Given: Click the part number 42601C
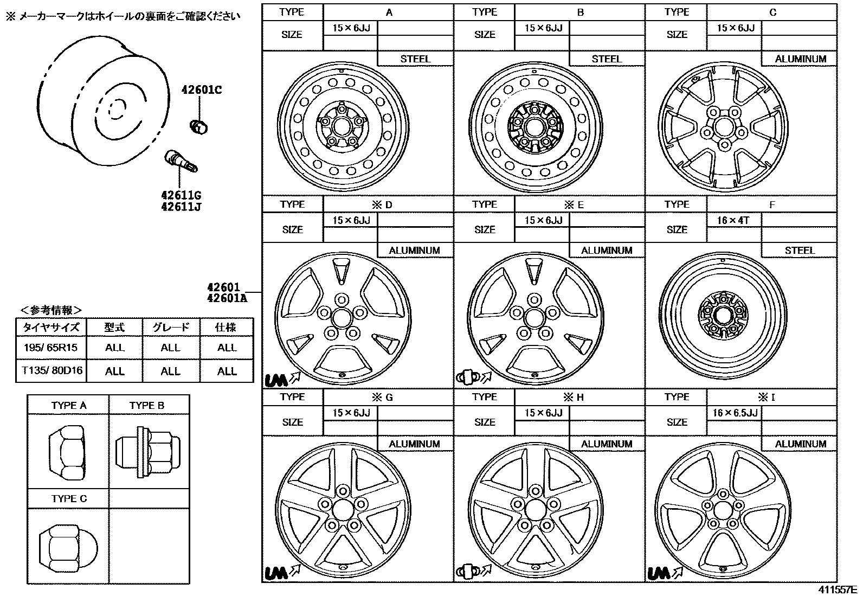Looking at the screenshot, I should [x=201, y=90].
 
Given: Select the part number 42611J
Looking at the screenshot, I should [x=181, y=207].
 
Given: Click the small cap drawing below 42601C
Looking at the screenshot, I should [x=198, y=126].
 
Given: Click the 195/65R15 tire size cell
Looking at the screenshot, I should [x=51, y=348].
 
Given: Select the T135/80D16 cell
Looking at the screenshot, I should [x=51, y=371].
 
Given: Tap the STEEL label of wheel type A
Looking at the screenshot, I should [x=415, y=59].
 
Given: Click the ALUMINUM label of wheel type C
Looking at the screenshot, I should [x=800, y=59].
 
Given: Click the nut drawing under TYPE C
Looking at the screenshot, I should [x=67, y=546].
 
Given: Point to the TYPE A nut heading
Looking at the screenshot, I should [x=68, y=405].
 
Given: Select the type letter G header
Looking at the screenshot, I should [x=388, y=397].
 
